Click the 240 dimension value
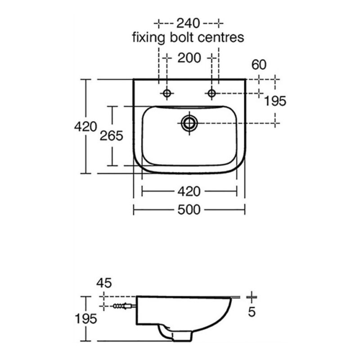click(188, 23)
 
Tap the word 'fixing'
click(148, 38)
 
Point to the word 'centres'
click(220, 38)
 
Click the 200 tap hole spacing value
click(189, 58)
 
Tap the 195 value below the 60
click(275, 101)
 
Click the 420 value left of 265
click(85, 127)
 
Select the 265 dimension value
click(111, 136)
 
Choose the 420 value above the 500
click(189, 192)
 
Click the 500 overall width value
click(189, 210)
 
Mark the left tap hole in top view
click(167, 93)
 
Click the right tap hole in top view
click(211, 93)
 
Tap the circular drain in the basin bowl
click(189, 123)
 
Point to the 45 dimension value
click(104, 283)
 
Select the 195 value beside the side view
click(86, 319)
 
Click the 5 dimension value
click(252, 312)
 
